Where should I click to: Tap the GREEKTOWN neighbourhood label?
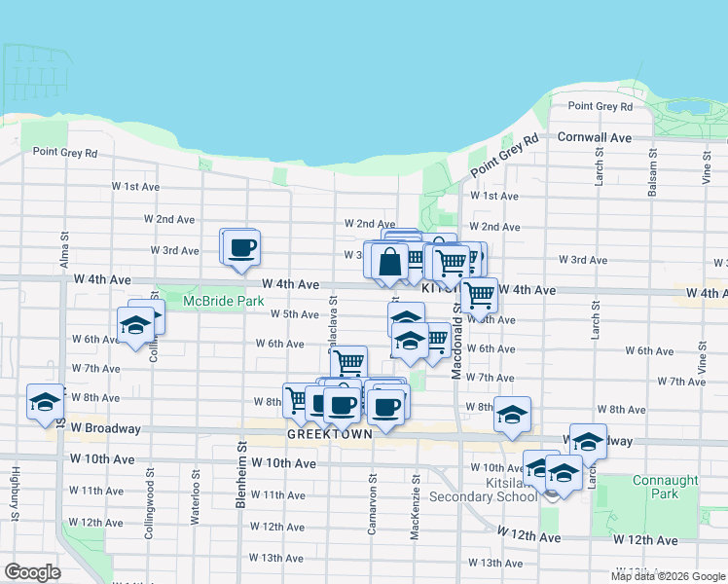pos(329,435)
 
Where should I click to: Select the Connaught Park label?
pos(666,487)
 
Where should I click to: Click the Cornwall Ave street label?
pos(595,137)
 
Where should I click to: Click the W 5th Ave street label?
pos(295,314)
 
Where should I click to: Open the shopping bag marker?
pos(389,261)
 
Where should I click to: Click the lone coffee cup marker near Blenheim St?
pos(241,246)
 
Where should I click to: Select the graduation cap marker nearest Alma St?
pos(45,400)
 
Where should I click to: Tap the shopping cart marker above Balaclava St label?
pos(347,362)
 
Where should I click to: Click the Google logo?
pos(32,572)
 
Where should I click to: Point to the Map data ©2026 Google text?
pos(668,576)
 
